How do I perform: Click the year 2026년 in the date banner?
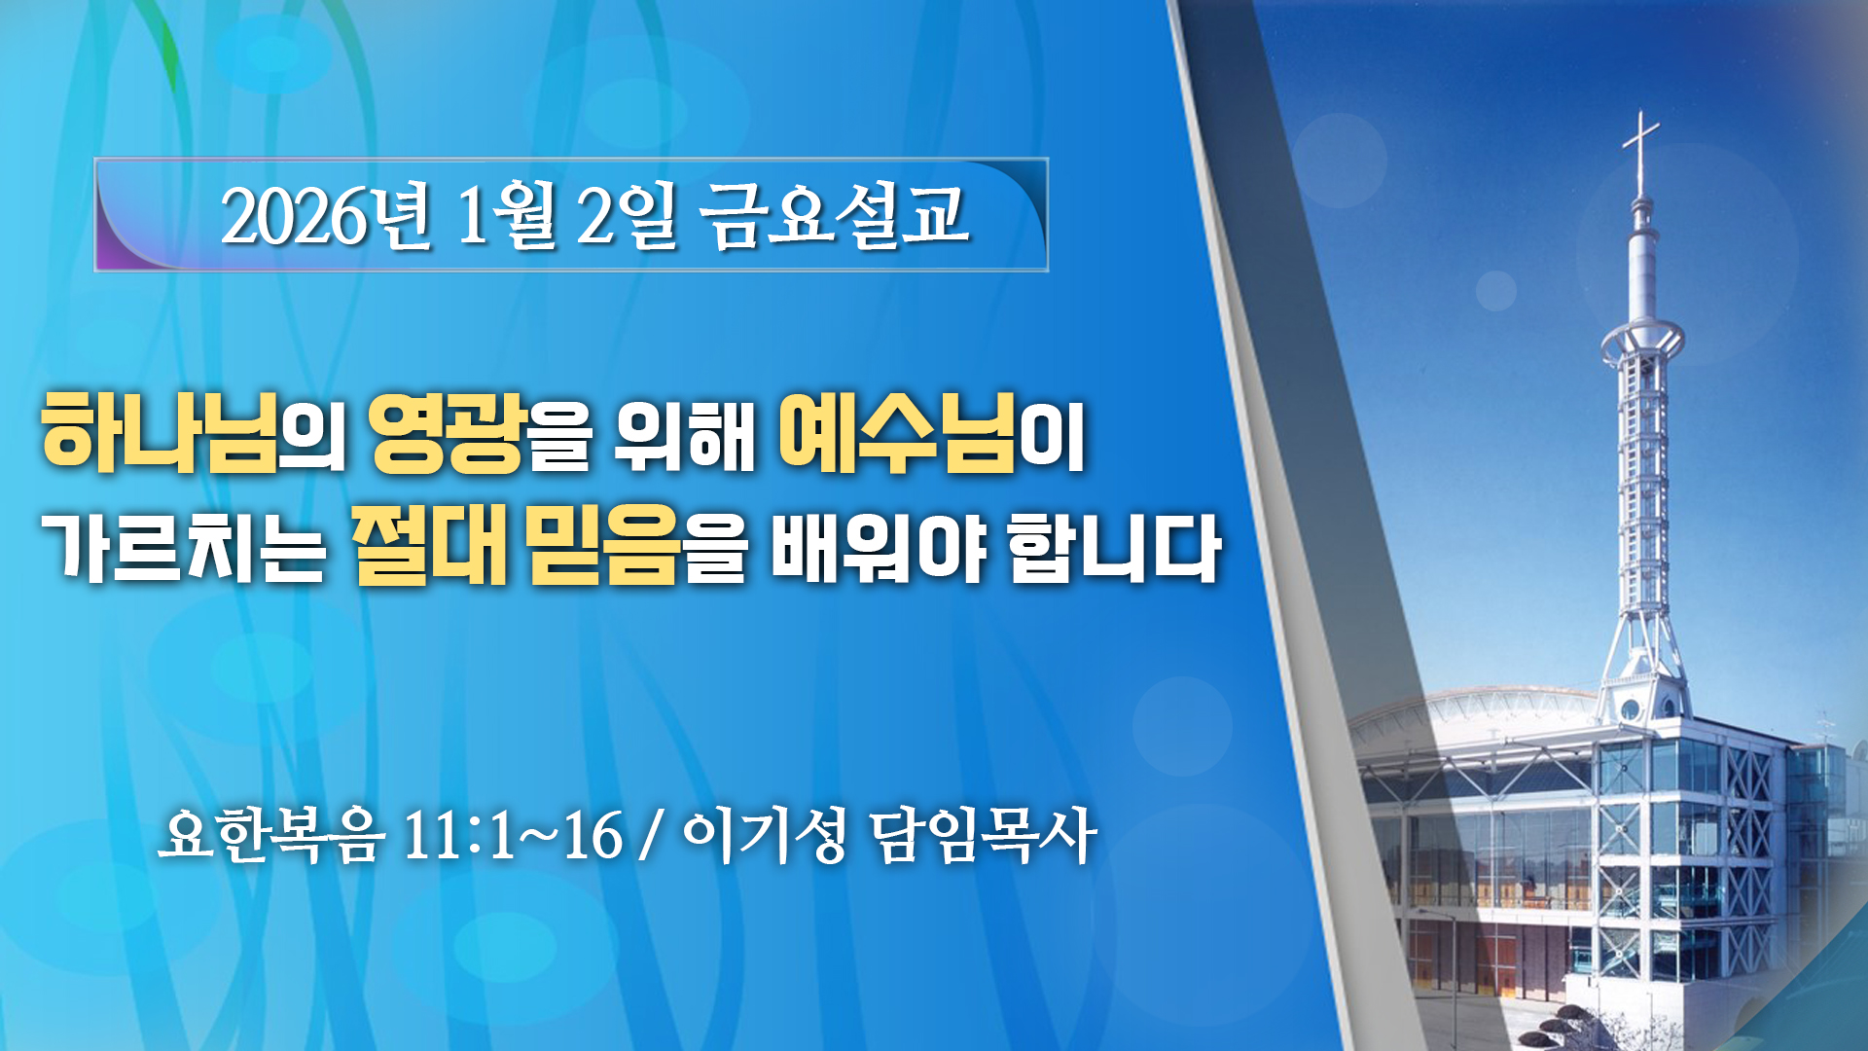tap(327, 215)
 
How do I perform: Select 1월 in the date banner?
tap(505, 215)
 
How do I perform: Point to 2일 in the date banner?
tap(625, 215)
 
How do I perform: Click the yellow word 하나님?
tap(158, 432)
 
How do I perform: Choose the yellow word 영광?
tap(448, 433)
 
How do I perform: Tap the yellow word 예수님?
tap(896, 432)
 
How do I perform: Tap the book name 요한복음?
tap(270, 834)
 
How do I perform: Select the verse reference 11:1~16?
tap(512, 835)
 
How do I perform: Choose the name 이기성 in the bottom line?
tap(764, 834)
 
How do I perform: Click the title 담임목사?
tap(984, 834)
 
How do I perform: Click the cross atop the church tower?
tap(1641, 151)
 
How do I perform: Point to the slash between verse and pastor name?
tap(650, 836)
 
